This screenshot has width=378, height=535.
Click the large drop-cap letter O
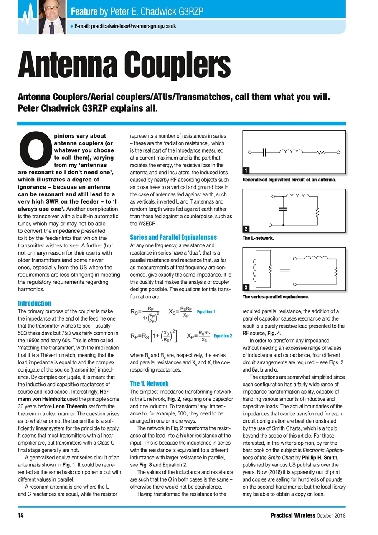pyautogui.click(x=35, y=150)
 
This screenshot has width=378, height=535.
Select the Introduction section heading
pyautogui.click(x=35, y=303)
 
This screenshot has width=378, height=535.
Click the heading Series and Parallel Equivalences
pyautogui.click(x=174, y=237)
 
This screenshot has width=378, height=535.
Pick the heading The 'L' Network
pyautogui.click(x=149, y=383)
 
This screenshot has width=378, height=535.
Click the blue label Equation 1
pyautogui.click(x=206, y=312)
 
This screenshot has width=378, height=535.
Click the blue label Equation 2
pyautogui.click(x=223, y=336)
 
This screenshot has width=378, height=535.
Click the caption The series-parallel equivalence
pyautogui.click(x=276, y=297)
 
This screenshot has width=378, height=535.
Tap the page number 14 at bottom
pyautogui.click(x=20, y=515)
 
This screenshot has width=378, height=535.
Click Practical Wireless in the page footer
pyautogui.click(x=293, y=515)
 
